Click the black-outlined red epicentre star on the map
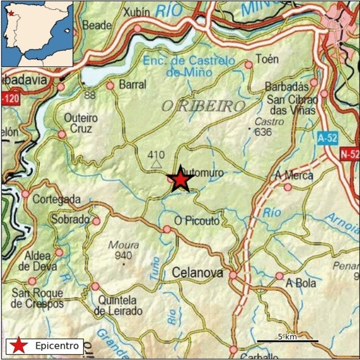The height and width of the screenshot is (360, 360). point(181,179)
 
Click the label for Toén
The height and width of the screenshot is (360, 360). point(267,59)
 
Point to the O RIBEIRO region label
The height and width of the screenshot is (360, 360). point(203,106)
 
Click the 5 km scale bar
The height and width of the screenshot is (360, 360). point(287,340)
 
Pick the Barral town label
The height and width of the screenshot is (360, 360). point(133,84)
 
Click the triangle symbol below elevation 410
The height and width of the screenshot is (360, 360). point(156,164)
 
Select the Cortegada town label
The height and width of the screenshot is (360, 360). point(57,199)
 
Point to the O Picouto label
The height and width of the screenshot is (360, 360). point(197,221)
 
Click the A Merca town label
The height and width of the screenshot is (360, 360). point(294,175)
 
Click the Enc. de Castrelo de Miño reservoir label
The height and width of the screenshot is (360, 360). point(189,66)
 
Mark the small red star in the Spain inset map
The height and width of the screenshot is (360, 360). point(11,13)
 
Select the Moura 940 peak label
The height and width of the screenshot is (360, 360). point(120,250)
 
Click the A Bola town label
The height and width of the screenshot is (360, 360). point(301,283)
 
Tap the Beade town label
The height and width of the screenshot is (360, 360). point(97,25)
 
